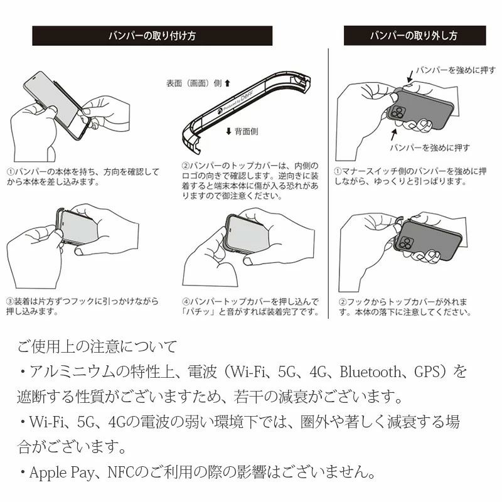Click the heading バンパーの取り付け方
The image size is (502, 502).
(152, 36)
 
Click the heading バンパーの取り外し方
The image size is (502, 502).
(414, 36)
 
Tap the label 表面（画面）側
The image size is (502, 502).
(195, 83)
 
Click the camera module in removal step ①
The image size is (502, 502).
(398, 114)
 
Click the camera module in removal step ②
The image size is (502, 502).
(405, 243)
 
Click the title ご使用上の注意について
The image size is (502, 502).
(97, 346)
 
